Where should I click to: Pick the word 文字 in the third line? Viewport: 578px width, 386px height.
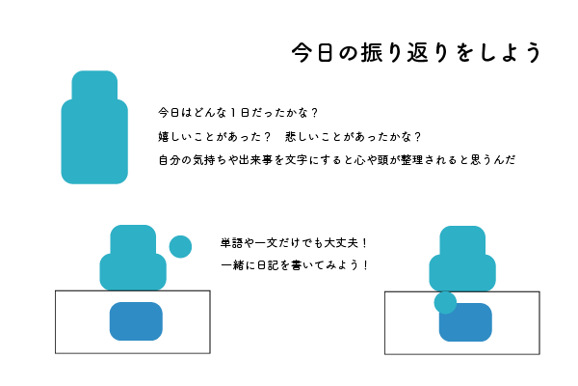coord(319,159)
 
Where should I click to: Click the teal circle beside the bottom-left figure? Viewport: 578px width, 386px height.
coord(180,246)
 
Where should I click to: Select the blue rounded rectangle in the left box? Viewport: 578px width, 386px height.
coord(136,321)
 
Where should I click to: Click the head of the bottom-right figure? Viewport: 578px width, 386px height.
coord(462,241)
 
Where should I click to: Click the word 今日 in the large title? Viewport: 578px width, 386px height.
coord(316,52)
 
